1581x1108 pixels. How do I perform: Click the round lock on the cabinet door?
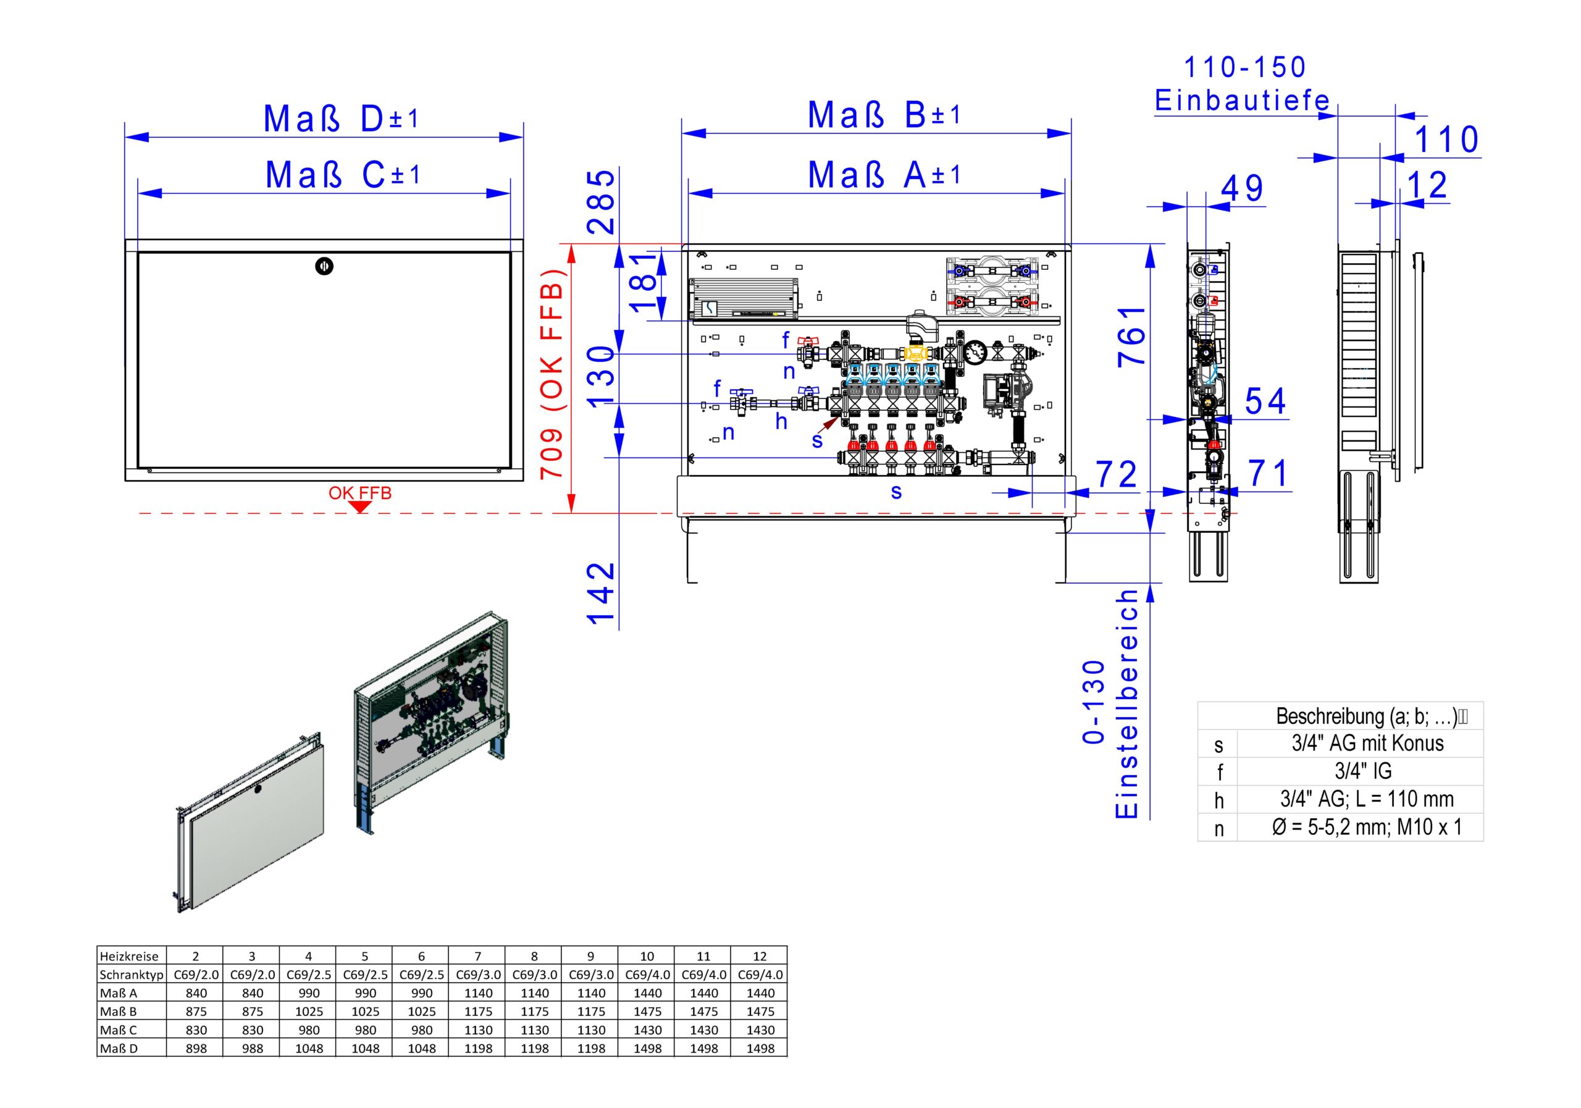click(324, 266)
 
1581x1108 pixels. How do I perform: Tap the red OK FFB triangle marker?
click(360, 507)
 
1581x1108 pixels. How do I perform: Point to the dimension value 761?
click(1132, 336)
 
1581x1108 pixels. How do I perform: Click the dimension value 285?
click(600, 202)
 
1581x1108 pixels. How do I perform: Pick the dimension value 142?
click(600, 592)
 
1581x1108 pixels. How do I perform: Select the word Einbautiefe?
click(1242, 101)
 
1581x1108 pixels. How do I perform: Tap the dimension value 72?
click(1116, 474)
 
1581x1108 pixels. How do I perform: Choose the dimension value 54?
click(1265, 401)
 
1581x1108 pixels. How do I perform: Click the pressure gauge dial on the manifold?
click(976, 353)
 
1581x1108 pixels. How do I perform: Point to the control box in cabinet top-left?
click(744, 298)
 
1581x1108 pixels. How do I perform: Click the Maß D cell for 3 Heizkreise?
click(252, 1048)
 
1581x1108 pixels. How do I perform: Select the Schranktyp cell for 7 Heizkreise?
click(477, 975)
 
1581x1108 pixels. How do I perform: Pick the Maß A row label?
click(119, 993)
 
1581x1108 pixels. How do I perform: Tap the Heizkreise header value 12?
click(760, 956)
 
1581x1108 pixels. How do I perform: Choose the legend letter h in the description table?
click(1219, 800)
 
